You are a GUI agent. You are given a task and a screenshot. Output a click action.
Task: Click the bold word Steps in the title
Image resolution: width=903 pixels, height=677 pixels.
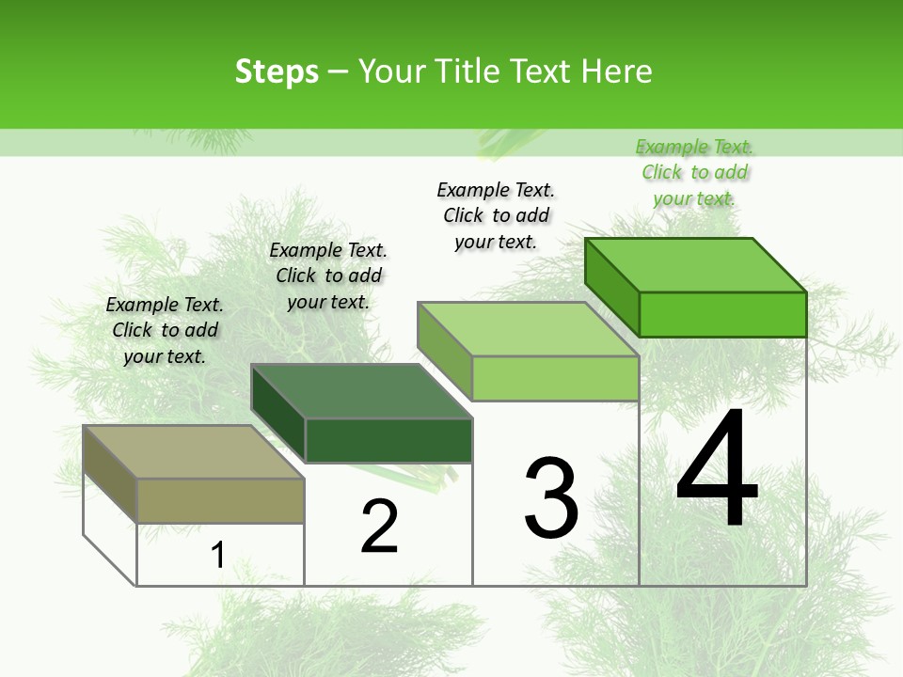click(277, 71)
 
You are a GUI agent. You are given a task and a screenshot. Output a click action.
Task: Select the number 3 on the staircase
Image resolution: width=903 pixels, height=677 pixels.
click(551, 498)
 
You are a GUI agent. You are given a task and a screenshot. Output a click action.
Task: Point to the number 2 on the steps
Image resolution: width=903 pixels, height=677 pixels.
click(380, 527)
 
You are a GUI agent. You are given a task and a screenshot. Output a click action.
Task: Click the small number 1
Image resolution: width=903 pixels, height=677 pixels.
click(217, 555)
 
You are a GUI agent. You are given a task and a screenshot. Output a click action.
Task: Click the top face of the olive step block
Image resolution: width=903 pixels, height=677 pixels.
click(193, 451)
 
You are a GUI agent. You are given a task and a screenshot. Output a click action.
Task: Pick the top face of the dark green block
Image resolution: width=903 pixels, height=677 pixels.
click(362, 391)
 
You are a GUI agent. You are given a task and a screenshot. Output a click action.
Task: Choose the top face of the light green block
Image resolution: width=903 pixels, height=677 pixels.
click(529, 329)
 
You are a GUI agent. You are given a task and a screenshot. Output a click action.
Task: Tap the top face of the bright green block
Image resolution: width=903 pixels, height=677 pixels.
click(696, 265)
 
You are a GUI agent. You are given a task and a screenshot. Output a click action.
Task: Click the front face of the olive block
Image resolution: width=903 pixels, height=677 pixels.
click(221, 500)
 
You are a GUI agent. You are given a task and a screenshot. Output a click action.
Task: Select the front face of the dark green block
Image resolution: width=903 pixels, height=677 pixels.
click(388, 440)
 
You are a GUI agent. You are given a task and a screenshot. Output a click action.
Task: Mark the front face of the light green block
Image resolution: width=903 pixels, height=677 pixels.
click(555, 379)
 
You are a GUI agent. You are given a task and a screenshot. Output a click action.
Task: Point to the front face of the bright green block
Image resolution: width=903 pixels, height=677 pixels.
click(722, 314)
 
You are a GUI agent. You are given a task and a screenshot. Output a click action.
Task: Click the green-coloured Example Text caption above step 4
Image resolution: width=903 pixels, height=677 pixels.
click(694, 173)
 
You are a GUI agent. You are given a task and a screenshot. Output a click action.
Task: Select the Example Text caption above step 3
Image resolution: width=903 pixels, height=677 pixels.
click(496, 215)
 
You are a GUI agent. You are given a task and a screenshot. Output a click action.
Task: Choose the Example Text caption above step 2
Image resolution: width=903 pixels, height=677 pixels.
click(328, 276)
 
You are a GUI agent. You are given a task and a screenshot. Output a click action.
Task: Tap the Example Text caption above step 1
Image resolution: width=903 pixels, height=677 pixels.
click(165, 330)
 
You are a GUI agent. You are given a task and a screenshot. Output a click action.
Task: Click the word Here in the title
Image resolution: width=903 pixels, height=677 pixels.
click(617, 71)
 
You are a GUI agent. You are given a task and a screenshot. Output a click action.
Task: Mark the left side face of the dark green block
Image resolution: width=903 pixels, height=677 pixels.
click(278, 414)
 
